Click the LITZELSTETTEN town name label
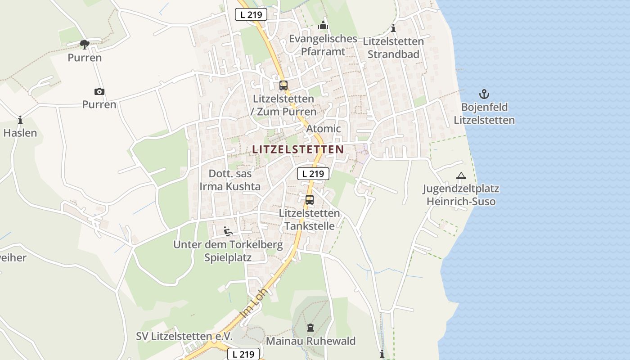(298, 149)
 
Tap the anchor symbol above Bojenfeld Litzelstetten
(484, 94)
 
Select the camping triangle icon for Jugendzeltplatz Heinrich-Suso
(461, 176)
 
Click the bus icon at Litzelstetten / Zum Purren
(283, 85)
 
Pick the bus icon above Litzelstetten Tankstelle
(309, 200)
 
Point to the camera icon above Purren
(99, 92)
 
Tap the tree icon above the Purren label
(84, 44)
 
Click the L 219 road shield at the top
(251, 14)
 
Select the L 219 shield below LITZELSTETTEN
(313, 173)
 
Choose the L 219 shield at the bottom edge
(243, 354)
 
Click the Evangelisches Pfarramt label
(323, 45)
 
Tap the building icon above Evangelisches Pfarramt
(323, 26)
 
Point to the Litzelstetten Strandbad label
(393, 48)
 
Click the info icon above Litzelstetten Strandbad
(393, 28)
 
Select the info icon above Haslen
(20, 120)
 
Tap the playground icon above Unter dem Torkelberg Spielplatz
(228, 231)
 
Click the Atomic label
(324, 129)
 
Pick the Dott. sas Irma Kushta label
(230, 180)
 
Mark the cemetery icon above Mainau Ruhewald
(310, 328)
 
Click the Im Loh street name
(254, 302)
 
